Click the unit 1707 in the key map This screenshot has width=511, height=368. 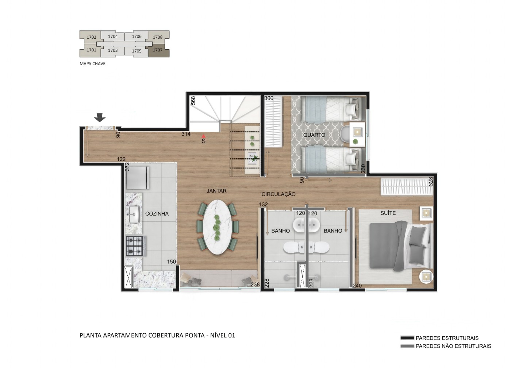[x=158, y=50]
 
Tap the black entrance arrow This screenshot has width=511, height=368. [x=100, y=117]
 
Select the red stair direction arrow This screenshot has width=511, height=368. [x=204, y=136]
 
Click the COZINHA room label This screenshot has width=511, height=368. [x=157, y=214]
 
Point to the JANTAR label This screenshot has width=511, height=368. [x=216, y=191]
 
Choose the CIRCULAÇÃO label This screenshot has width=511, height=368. [x=278, y=194]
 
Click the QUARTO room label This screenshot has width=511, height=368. [x=314, y=135]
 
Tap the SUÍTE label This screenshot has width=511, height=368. [x=388, y=213]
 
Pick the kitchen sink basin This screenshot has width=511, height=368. [x=133, y=214]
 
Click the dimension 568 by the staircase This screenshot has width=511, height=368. [x=193, y=100]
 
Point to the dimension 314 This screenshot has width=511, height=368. [x=186, y=134]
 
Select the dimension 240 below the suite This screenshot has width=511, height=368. [x=357, y=286]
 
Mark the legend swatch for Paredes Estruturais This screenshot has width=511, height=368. [x=407, y=338]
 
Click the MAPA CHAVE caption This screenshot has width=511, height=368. [x=92, y=64]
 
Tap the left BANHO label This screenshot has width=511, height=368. [x=281, y=231]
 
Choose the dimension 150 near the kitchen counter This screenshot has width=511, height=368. [x=172, y=262]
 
